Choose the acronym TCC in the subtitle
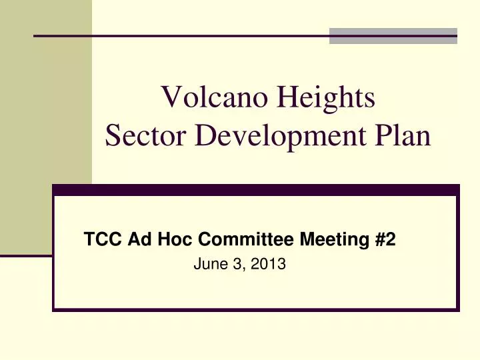pos(99,239)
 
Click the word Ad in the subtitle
pos(130,239)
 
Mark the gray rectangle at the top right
pos(393,35)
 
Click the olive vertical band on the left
pos(45,127)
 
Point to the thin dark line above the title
pos(180,35)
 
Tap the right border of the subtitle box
pos(458,253)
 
